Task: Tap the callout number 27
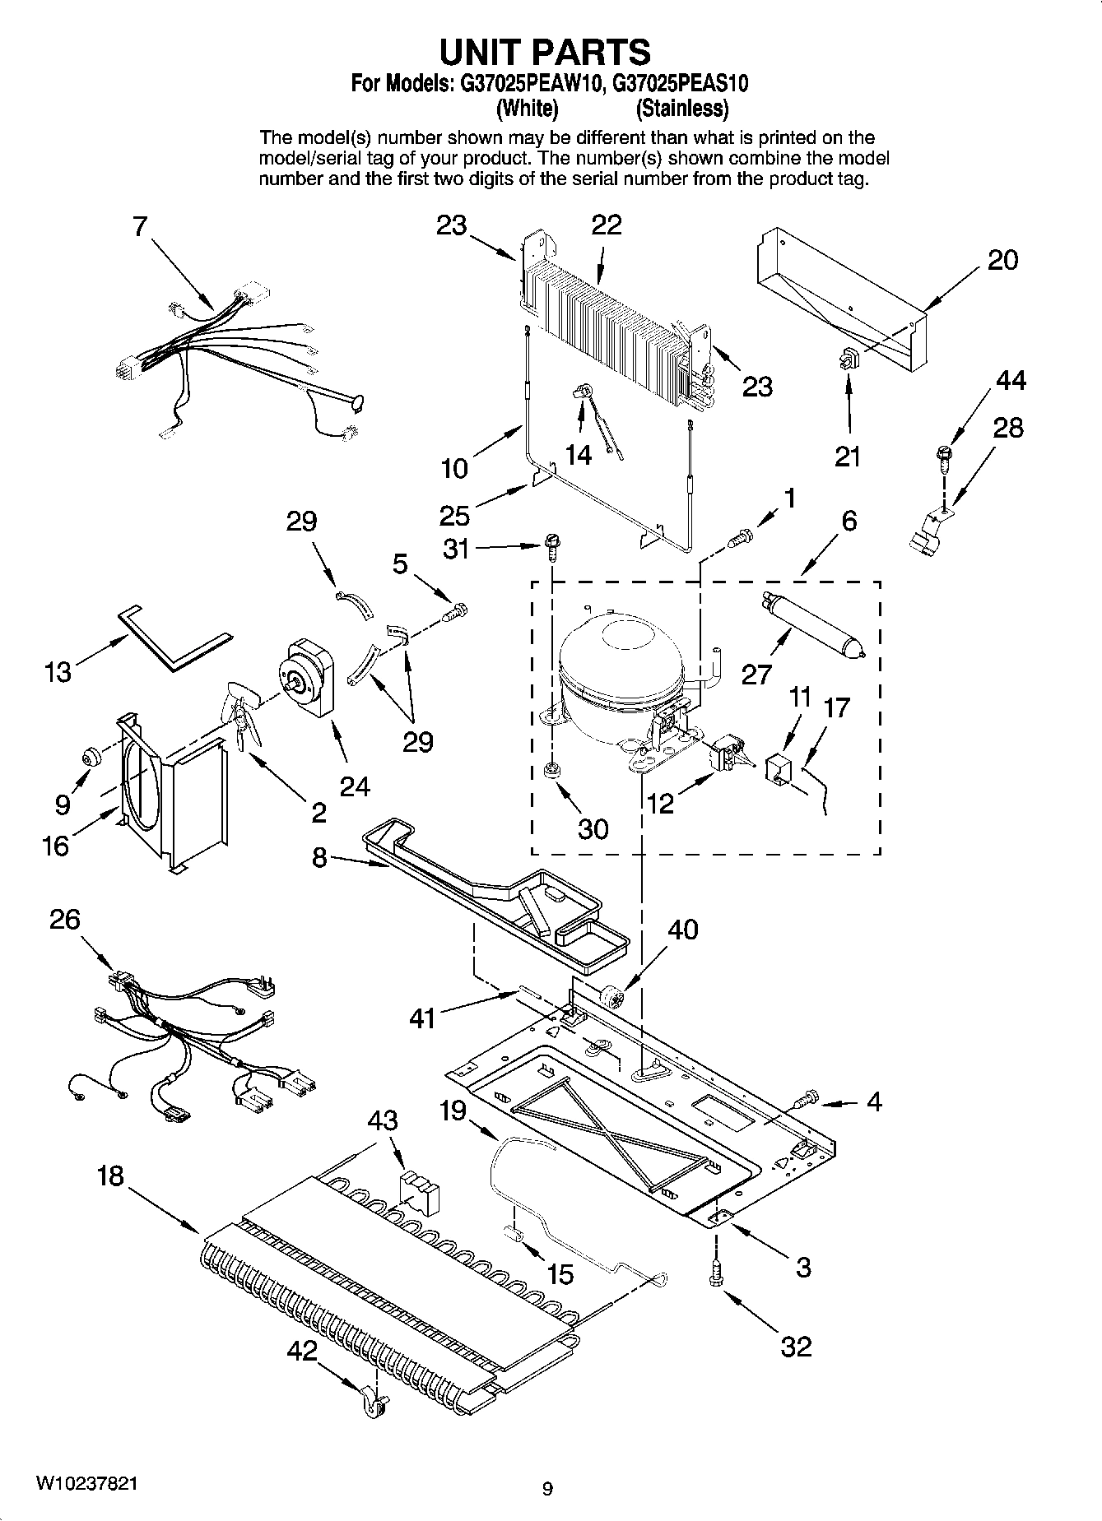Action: (x=756, y=675)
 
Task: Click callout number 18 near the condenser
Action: (x=109, y=1176)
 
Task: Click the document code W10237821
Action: (x=86, y=1482)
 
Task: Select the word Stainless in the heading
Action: (x=682, y=108)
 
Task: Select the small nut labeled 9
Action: (x=91, y=755)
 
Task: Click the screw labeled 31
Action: (x=551, y=545)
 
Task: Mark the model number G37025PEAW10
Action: (x=527, y=83)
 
